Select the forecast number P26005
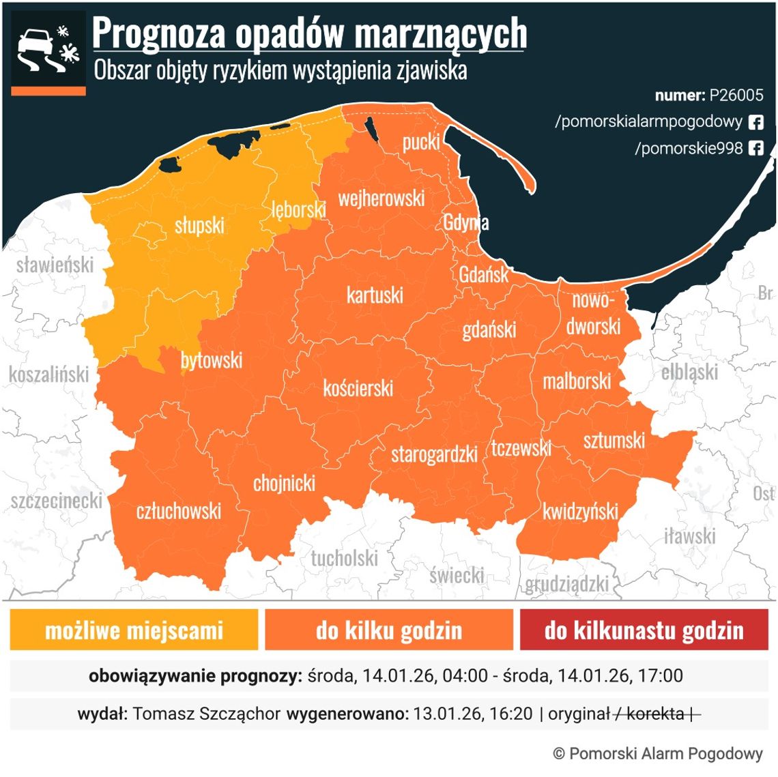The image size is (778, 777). coord(736,95)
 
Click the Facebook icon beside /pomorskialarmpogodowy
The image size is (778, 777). coord(755,122)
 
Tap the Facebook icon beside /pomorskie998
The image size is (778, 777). coord(755,148)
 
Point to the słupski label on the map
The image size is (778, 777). coord(199,225)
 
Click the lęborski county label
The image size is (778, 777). coord(298,209)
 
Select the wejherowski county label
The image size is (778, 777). coord(381,199)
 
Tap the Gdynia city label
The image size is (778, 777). coord(465,222)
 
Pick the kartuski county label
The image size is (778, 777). coord(375,295)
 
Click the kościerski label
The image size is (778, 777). coord(358,388)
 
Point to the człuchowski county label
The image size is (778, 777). coord(179,510)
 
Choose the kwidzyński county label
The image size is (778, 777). coord(580,511)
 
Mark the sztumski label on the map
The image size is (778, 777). coord(614,440)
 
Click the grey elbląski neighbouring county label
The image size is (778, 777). coord(689,372)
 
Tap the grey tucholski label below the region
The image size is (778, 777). coord(344,559)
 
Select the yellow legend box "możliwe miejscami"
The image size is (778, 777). coord(134,630)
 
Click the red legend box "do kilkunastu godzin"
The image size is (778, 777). coord(644,630)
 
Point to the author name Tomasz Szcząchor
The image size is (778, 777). coord(206,714)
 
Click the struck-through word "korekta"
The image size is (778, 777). coord(655,714)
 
